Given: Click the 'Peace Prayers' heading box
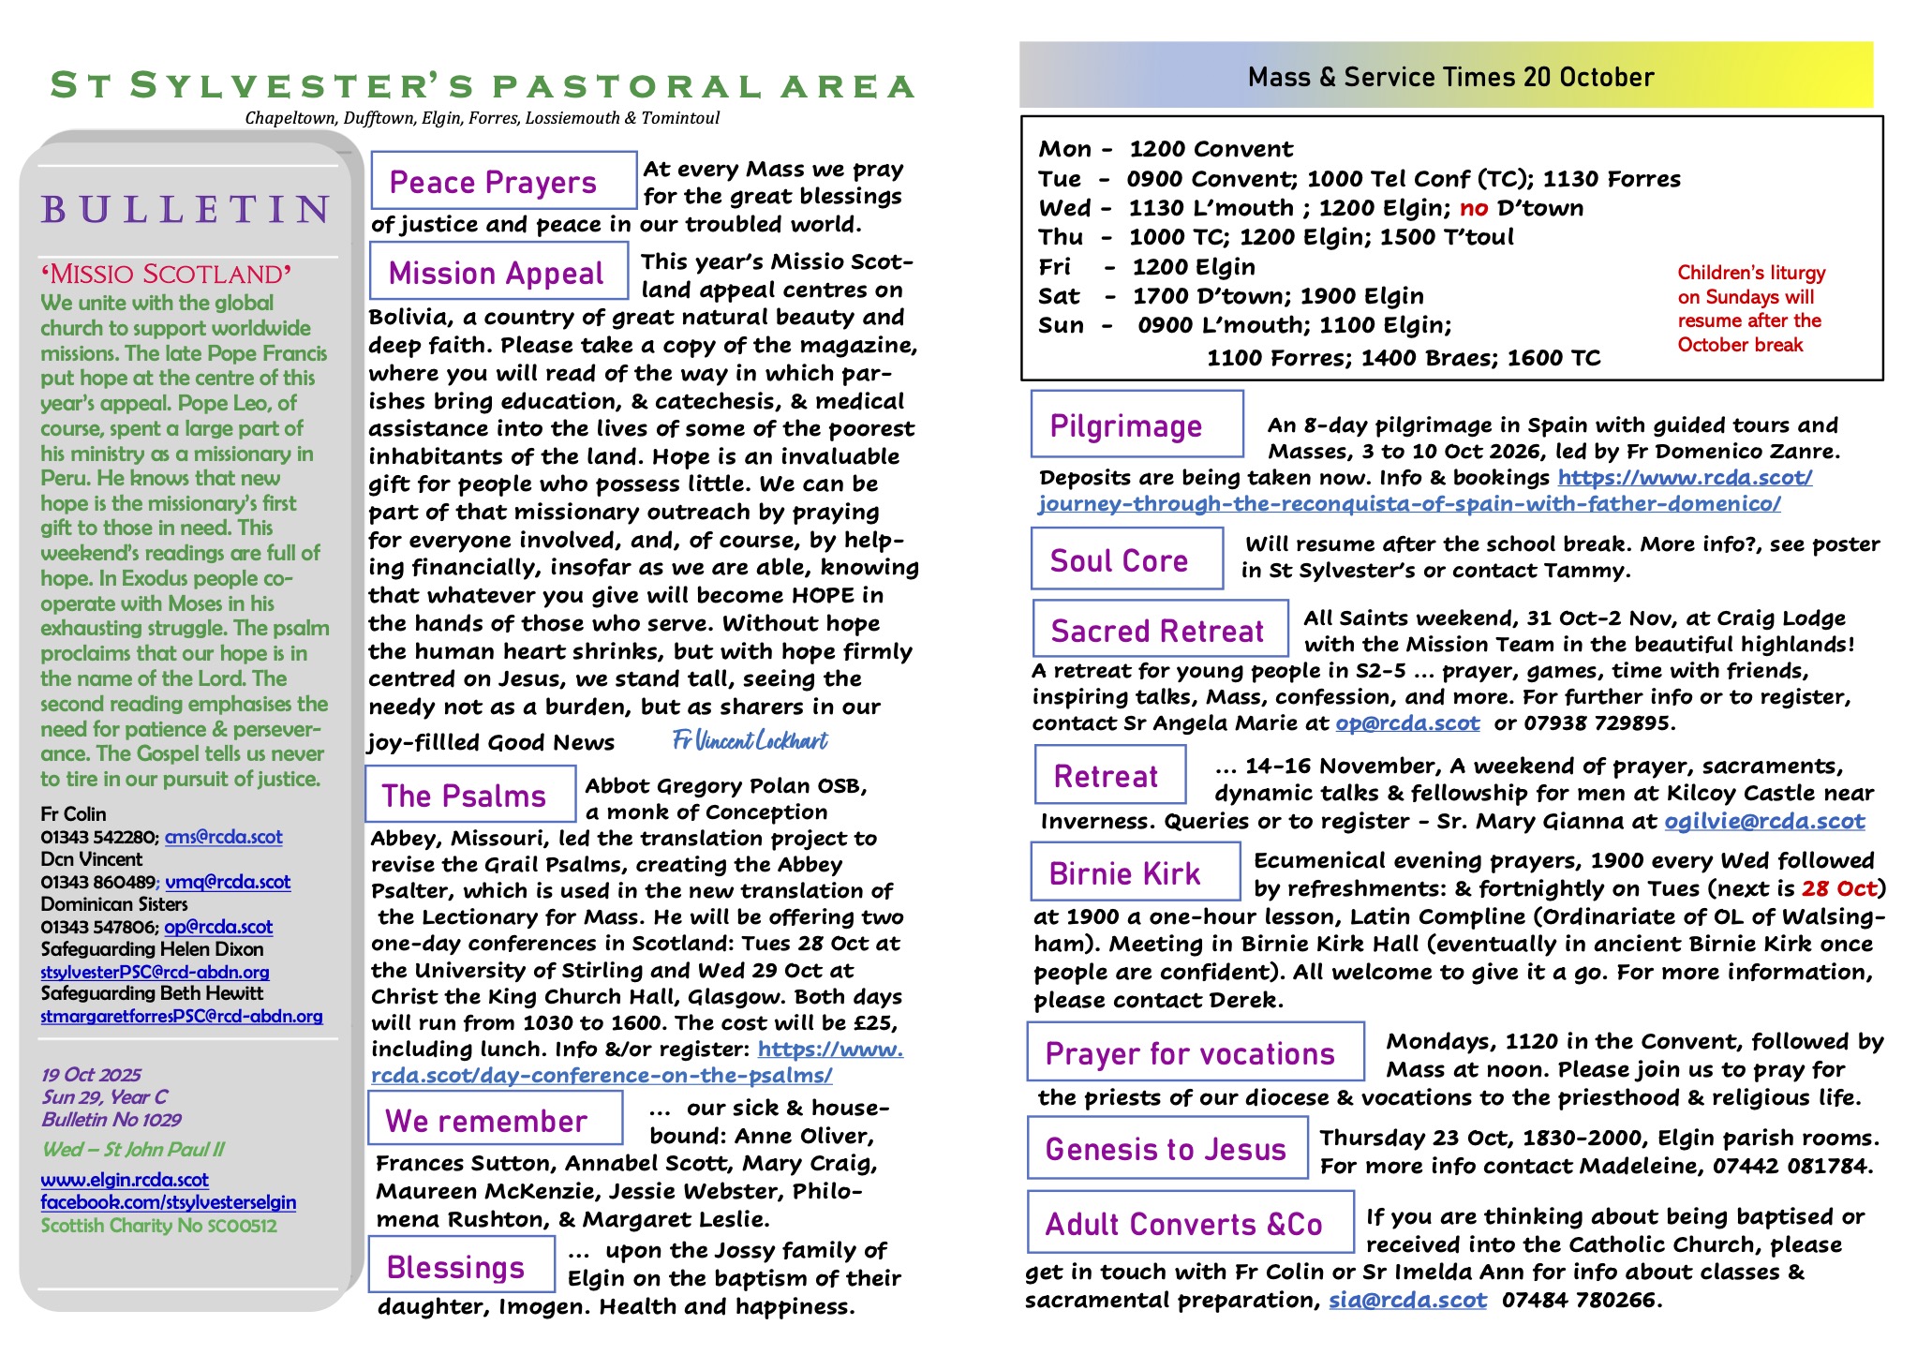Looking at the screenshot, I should pos(503,181).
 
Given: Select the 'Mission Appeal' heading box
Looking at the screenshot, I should pos(498,272).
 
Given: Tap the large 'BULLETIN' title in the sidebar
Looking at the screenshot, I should pos(186,208).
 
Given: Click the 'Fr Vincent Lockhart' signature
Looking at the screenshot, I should pos(750,741).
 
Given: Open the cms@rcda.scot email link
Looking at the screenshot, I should pos(223,836).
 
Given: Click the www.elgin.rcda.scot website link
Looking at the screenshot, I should pos(125,1180).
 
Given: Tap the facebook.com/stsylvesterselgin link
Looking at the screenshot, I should pos(168,1202).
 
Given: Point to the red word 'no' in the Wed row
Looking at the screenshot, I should pos(1474,208).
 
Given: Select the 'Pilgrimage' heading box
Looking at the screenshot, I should pos(1137,424).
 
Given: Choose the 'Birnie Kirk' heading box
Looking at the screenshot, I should pos(1135,872).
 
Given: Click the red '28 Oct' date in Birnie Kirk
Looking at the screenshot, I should pos(1839,888).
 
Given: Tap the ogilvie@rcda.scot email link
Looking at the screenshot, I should pos(1764,822).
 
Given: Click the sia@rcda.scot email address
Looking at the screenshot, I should pos(1407,1300).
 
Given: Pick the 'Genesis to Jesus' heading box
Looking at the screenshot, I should pos(1167,1148).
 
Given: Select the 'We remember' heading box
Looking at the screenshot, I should pos(495,1120).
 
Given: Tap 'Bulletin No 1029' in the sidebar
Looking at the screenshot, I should pos(111,1120).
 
